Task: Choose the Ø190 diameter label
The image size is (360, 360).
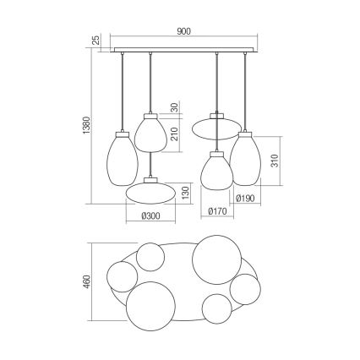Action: tap(245, 200)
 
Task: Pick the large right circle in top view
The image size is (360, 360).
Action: tap(212, 263)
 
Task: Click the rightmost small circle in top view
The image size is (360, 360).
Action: tap(248, 288)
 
